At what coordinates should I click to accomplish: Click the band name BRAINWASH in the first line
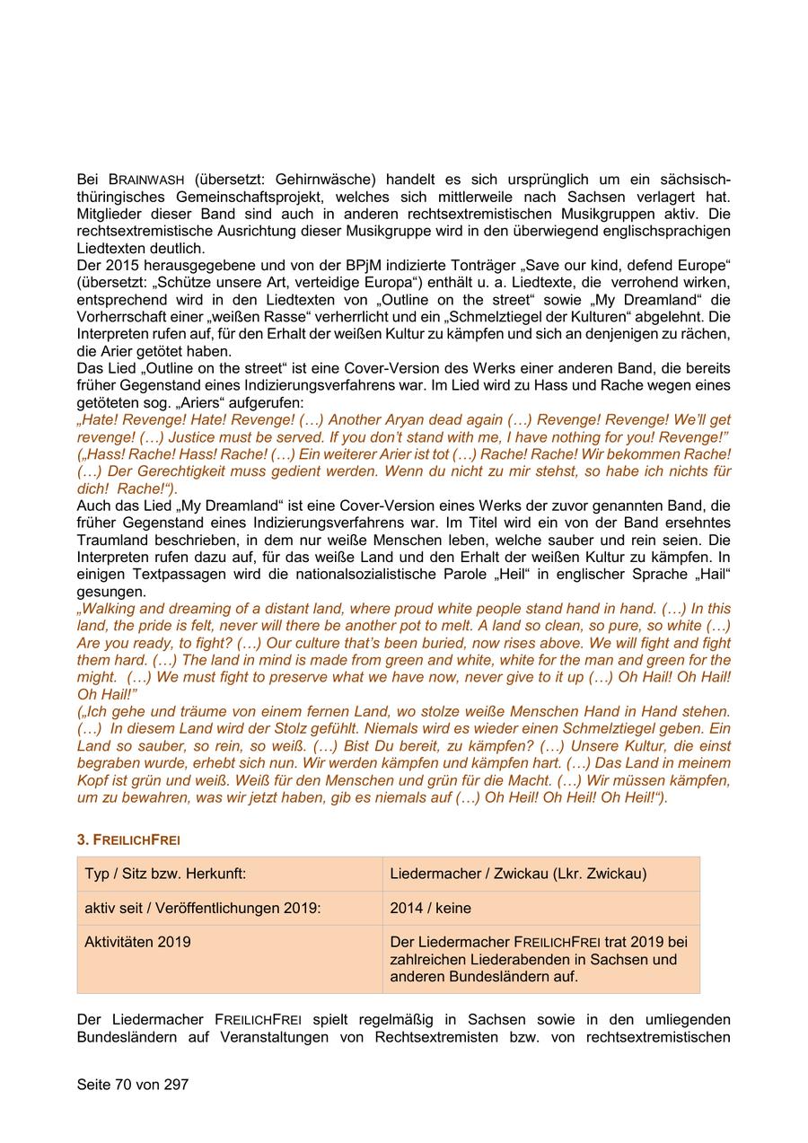tap(143, 179)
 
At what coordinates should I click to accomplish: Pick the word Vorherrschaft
tap(121, 318)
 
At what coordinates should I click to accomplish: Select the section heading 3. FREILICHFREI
tap(128, 840)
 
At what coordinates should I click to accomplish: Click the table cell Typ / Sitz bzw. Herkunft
tap(165, 874)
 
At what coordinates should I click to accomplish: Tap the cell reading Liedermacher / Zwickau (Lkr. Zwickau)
tap(518, 874)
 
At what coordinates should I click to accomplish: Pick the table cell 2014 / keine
tap(430, 908)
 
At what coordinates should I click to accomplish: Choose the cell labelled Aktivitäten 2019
tap(137, 942)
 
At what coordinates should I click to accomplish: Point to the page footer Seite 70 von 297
tap(133, 1085)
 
